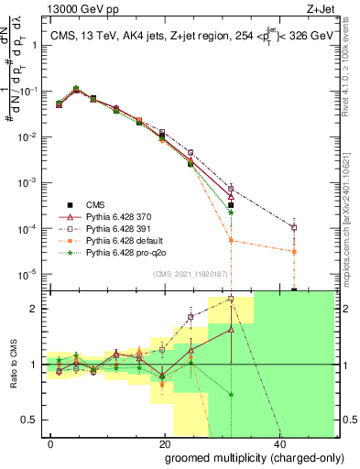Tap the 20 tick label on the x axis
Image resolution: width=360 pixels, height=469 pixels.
(x=164, y=443)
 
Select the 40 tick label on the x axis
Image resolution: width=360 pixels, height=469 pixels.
(x=277, y=443)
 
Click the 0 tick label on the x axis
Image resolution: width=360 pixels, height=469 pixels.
(x=51, y=443)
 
